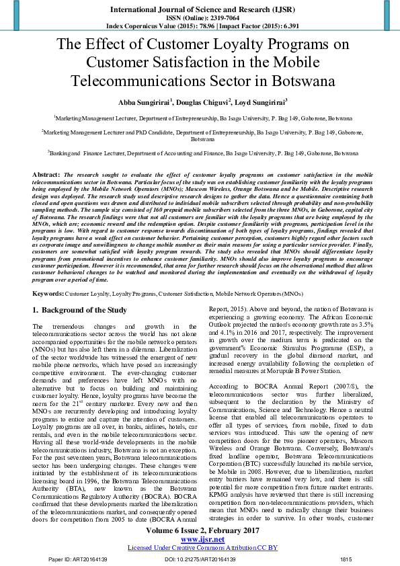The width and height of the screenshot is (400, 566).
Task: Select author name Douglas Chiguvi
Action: click(x=201, y=102)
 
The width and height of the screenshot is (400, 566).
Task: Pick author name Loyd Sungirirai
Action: click(x=258, y=102)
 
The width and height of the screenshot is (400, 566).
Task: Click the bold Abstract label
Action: click(x=46, y=174)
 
